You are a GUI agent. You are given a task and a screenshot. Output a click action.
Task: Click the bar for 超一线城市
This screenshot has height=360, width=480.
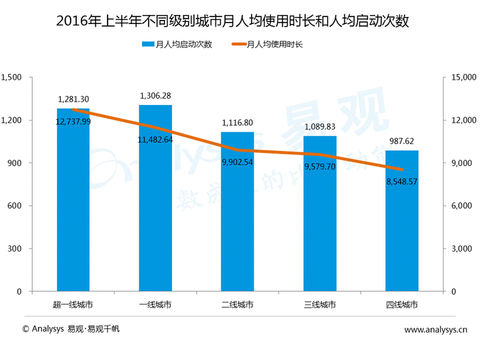tap(73, 206)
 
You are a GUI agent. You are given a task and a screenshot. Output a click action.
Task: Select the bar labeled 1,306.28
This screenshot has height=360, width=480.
tap(155, 206)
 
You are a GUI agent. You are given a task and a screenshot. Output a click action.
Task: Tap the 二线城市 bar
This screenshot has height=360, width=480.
tap(237, 219)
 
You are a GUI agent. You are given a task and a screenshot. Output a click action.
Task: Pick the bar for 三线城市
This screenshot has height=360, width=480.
tap(320, 219)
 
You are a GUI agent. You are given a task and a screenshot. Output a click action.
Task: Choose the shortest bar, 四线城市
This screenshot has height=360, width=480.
tap(402, 226)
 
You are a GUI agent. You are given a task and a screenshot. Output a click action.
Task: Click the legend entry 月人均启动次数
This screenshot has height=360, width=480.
tap(177, 45)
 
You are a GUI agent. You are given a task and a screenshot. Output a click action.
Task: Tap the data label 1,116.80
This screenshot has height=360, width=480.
tap(237, 122)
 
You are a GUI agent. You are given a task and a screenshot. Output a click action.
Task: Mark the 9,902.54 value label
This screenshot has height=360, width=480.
tap(237, 163)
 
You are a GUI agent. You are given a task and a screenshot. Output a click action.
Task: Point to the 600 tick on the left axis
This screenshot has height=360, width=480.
tap(16, 206)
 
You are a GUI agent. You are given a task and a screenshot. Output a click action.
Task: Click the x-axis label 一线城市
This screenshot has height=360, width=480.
tap(155, 304)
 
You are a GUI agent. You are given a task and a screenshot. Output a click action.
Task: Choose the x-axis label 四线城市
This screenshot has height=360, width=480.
tap(402, 304)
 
